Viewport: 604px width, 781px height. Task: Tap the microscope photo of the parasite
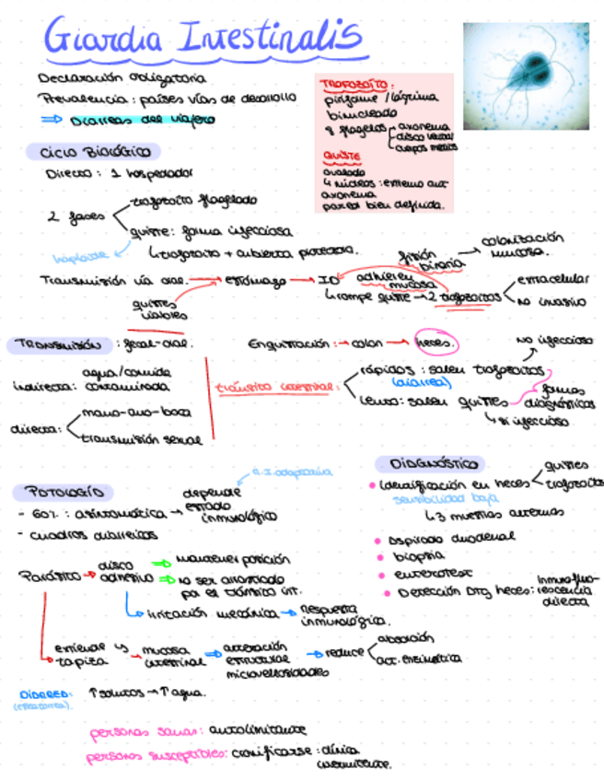point(526,76)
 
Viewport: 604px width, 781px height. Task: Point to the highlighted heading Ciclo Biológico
point(93,152)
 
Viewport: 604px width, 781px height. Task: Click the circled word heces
point(433,344)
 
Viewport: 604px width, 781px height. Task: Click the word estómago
point(255,280)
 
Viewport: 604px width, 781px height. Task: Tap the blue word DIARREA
point(44,694)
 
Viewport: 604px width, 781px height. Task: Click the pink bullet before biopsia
point(378,557)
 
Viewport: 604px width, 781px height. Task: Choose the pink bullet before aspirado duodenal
point(378,540)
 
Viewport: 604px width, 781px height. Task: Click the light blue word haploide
point(80,257)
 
